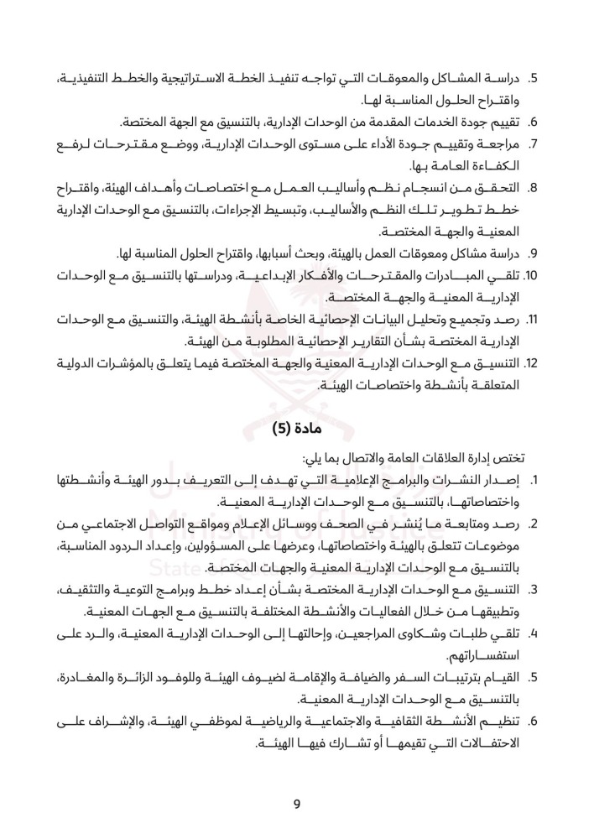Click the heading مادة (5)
coord(297,429)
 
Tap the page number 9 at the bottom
coord(297,805)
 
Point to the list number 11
coord(533,319)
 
